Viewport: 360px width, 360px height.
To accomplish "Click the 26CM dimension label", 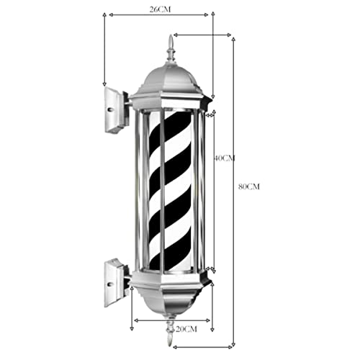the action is tap(160, 9).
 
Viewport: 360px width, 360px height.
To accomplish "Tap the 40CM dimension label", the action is tap(224, 158).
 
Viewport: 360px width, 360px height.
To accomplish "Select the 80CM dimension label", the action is tap(249, 186).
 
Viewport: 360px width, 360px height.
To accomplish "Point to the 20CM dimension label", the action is tap(186, 329).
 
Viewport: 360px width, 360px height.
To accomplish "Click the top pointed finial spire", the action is tap(171, 48).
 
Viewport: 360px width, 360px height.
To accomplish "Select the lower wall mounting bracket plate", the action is tap(117, 282).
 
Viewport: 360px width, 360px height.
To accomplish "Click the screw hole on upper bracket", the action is tap(110, 109).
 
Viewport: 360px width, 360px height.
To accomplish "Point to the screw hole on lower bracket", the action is tap(110, 284).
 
